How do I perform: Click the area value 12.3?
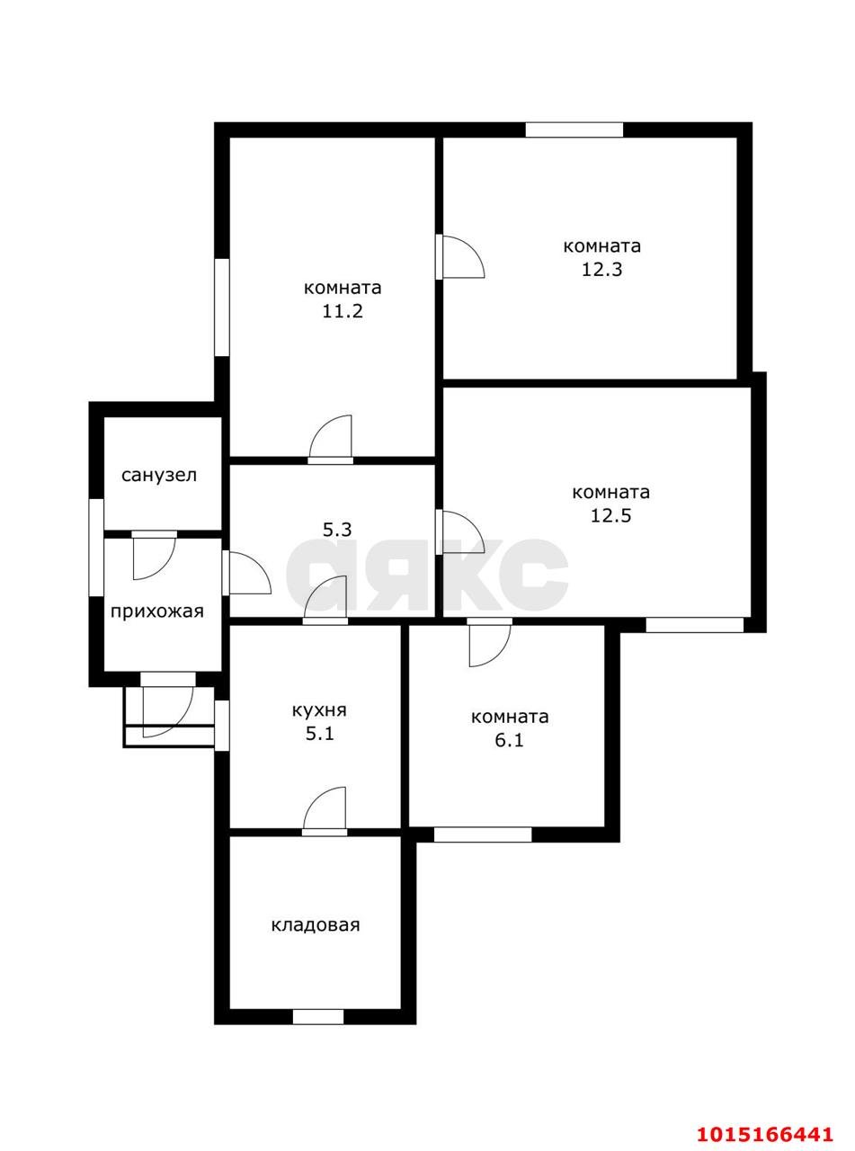[x=601, y=269]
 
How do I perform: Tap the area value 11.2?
[x=343, y=311]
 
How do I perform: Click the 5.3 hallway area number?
[x=337, y=530]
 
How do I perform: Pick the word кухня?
[x=319, y=709]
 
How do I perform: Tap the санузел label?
[x=159, y=475]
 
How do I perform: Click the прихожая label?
[x=157, y=611]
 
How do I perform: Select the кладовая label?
[x=316, y=924]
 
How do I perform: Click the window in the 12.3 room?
[x=574, y=129]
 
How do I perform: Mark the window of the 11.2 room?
[x=221, y=307]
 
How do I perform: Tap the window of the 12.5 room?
[x=694, y=625]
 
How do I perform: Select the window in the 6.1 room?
[x=483, y=834]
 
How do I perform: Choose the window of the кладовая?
[x=318, y=1017]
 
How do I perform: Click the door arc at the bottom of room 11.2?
[x=331, y=440]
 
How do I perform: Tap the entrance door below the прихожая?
[x=168, y=701]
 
